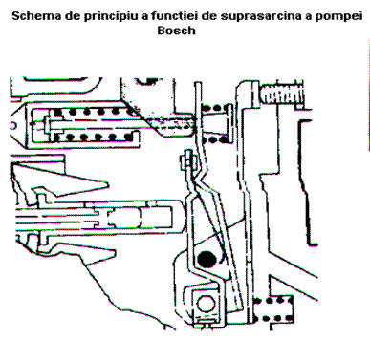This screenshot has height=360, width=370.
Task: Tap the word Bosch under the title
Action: pos(176,31)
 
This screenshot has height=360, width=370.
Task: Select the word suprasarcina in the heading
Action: pos(260,16)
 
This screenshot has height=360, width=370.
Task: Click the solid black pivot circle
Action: pos(207,259)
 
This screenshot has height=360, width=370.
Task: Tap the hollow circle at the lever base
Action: pos(206,304)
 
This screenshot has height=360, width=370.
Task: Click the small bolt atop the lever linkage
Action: pos(186,161)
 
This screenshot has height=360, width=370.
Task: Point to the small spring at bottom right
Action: pos(273,308)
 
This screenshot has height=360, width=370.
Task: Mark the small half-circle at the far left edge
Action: pos(12,125)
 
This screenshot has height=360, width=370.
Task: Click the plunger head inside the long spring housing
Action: pos(48,125)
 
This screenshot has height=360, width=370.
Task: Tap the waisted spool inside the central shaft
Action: pos(124,218)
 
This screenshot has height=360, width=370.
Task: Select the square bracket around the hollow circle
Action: pos(207,305)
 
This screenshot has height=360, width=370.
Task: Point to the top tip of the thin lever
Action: pos(198,83)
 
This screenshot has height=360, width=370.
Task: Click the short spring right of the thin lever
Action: pos(216,124)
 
